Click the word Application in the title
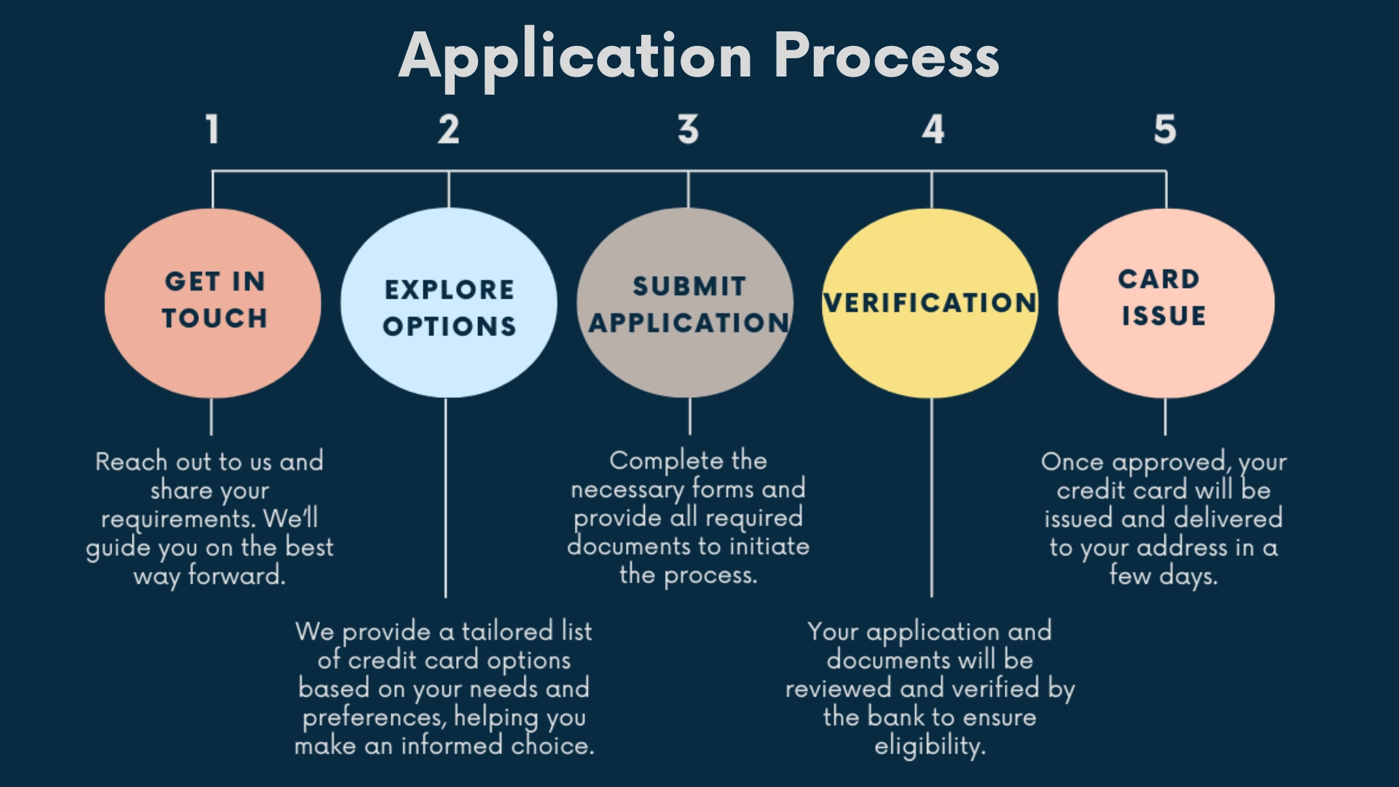576,56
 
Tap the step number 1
212,130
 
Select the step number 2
449,130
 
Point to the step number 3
688,130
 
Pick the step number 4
933,130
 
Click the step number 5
1164,130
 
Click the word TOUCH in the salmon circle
214,318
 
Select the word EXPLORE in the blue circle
449,290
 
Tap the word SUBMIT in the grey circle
689,286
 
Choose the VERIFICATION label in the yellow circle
930,303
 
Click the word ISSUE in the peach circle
1164,316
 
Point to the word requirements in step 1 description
178,519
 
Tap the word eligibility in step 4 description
929,746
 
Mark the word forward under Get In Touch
236,576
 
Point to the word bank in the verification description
896,717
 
